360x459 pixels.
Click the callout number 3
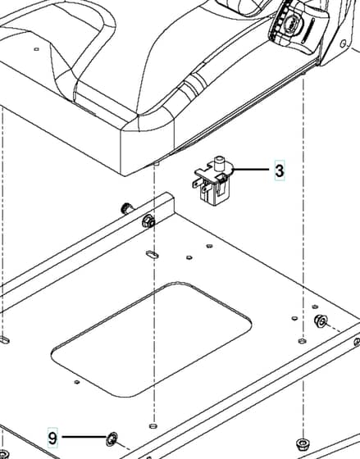click(x=280, y=170)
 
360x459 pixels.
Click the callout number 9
click(x=52, y=439)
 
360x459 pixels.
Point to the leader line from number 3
click(x=251, y=169)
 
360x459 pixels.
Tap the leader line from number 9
click(x=84, y=436)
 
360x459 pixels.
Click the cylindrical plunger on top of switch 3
click(x=219, y=163)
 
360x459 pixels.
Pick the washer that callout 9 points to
click(x=112, y=439)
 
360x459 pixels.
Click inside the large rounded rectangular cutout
click(x=152, y=339)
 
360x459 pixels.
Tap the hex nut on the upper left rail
click(x=148, y=221)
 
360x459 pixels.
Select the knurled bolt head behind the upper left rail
click(x=127, y=208)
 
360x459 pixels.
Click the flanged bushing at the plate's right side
click(x=321, y=320)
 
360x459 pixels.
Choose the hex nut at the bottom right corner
click(x=303, y=444)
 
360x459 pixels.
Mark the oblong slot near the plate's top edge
click(x=153, y=254)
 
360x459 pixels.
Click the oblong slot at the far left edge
click(x=4, y=340)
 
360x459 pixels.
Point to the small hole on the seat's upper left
click(x=36, y=49)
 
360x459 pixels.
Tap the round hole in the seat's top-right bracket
click(x=343, y=44)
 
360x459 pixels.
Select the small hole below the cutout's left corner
click(x=77, y=382)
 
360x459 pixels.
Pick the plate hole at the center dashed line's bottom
click(x=153, y=425)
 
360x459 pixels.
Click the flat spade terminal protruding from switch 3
click(x=197, y=184)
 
